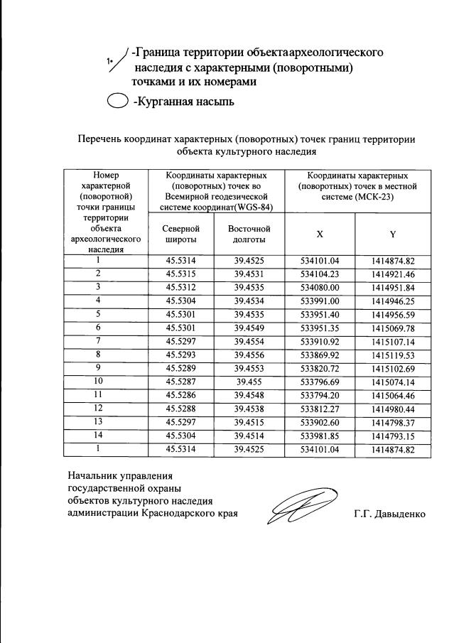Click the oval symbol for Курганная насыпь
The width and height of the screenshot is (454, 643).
pos(117,102)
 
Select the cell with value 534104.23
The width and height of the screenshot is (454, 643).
pos(320,274)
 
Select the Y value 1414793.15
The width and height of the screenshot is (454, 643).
pos(392,436)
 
